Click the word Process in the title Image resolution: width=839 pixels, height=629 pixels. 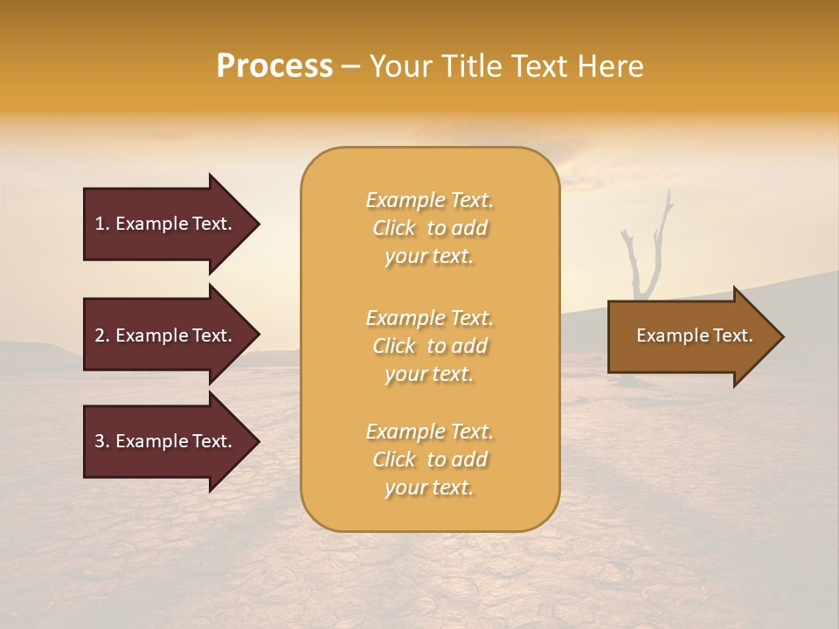[274, 66]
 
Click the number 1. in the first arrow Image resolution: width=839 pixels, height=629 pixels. [102, 224]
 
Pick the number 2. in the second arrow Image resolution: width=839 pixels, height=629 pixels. [102, 335]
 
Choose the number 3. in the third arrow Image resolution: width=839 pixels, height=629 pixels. [102, 441]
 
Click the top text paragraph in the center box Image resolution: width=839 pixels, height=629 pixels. [429, 228]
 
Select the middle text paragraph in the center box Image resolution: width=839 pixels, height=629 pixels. [429, 346]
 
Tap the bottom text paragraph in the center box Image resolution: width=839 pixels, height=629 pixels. [429, 460]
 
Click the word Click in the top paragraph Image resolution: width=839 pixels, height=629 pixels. [394, 229]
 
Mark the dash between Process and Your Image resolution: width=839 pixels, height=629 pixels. [351, 66]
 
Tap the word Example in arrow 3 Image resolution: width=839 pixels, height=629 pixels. [151, 441]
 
